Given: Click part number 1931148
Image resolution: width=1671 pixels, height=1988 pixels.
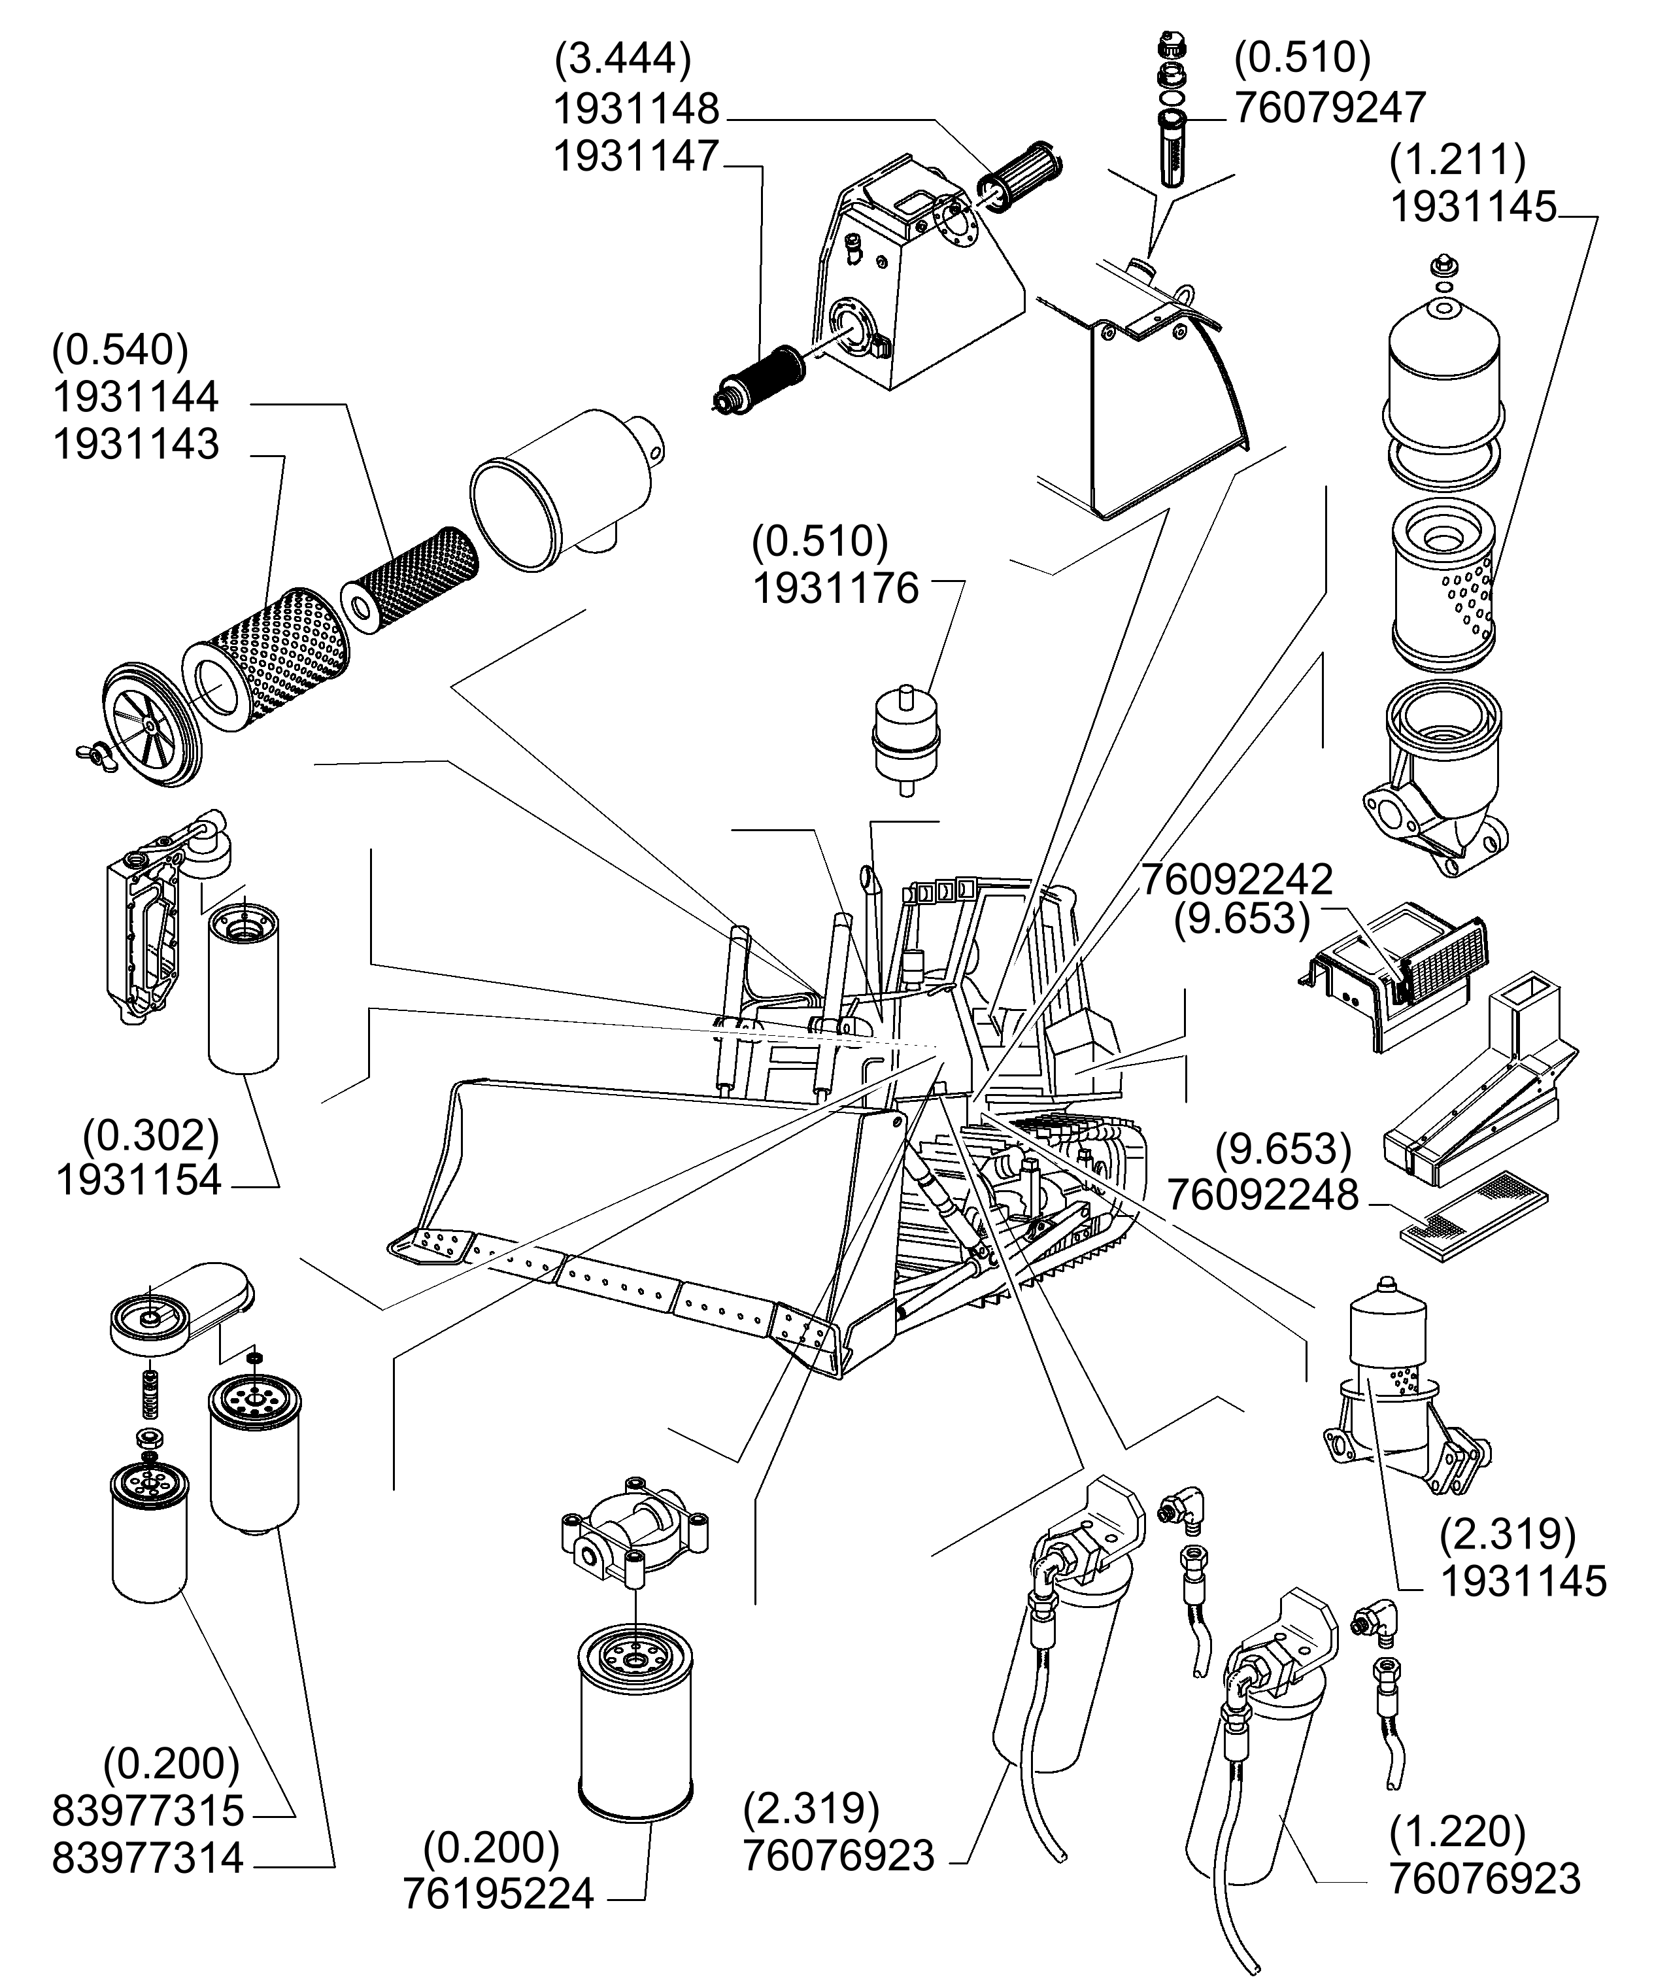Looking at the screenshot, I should (635, 110).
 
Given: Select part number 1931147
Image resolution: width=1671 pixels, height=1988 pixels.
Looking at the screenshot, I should (635, 156).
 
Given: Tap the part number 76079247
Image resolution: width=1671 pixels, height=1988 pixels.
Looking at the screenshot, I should (1329, 108).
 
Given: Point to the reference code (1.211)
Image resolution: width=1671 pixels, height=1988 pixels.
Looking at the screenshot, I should (1457, 160).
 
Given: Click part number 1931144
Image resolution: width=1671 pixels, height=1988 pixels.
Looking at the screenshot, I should (135, 397).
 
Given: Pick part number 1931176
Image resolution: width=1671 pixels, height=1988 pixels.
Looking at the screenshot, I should (836, 589).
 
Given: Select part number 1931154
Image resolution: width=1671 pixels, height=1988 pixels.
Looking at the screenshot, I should (139, 1180).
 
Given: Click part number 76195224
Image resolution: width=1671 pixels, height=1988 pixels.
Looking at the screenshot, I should (498, 1894).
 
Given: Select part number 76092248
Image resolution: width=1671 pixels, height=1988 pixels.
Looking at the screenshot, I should (1262, 1196).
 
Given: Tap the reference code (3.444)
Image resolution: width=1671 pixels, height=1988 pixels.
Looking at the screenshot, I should (622, 59).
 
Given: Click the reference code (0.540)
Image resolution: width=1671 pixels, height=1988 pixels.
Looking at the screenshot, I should (120, 351).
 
